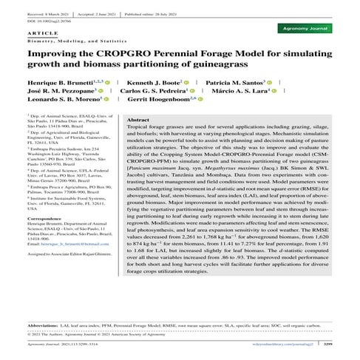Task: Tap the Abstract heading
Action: point(139,119)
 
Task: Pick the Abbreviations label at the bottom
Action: point(49,325)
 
